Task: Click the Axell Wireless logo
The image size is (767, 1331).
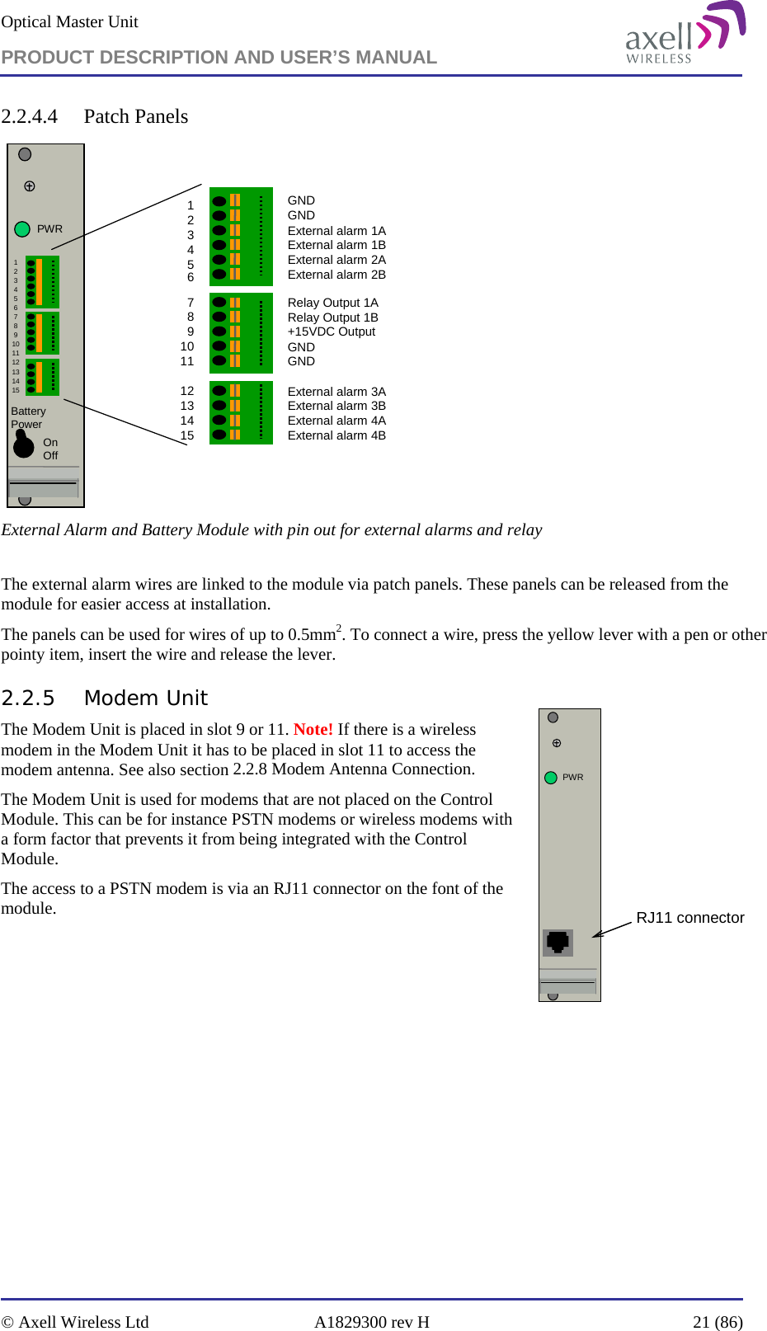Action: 685,35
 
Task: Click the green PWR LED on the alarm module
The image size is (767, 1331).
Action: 22,229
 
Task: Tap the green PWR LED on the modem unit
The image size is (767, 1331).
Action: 551,778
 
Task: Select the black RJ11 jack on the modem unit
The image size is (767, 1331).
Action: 558,941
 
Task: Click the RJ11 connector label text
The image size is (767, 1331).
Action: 689,918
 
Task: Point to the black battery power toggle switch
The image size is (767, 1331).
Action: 23,445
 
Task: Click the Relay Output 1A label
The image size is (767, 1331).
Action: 332,303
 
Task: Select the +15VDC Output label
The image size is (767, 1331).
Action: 331,332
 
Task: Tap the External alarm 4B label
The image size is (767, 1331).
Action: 336,435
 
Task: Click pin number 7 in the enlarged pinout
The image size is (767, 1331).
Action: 191,303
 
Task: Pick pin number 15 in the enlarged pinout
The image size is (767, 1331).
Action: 187,435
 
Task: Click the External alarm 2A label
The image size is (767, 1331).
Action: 336,260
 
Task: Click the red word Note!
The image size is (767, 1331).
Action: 313,729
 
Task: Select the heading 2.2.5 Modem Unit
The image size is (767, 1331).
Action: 104,698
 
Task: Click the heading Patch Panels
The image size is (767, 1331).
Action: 135,116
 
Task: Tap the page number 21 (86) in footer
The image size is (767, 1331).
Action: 718,1322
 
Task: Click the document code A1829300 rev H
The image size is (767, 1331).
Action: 371,1322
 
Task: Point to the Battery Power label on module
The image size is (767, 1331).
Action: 28,417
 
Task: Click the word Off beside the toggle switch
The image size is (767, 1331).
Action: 50,456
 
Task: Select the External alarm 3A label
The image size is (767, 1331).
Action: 336,392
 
